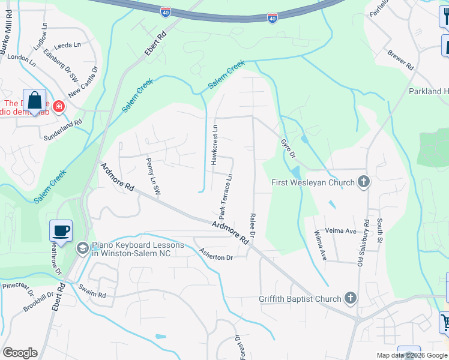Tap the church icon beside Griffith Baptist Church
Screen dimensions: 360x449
point(351,298)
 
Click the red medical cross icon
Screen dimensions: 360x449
point(58,107)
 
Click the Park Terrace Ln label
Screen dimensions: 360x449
point(225,196)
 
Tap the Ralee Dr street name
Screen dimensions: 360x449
point(253,225)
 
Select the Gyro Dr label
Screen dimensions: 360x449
point(288,149)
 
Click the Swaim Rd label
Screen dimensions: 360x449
point(92,291)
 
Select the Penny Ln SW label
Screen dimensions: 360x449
point(154,176)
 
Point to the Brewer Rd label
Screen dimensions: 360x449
point(400,59)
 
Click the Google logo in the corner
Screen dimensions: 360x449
point(20,353)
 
